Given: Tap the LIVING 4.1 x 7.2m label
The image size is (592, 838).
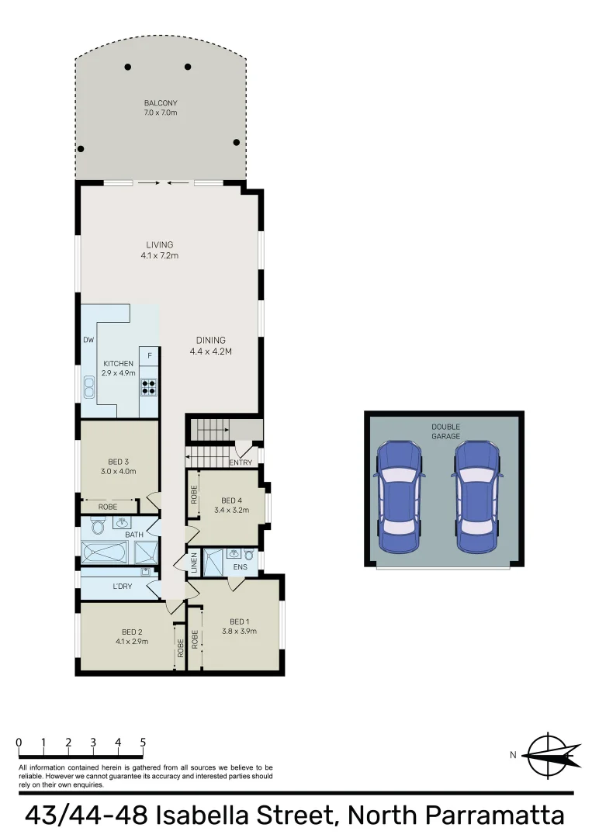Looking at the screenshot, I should [159, 250].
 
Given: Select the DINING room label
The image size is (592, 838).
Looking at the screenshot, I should [211, 345].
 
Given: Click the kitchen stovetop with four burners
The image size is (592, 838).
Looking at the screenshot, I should [148, 386].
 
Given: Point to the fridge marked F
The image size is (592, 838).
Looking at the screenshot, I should [149, 356].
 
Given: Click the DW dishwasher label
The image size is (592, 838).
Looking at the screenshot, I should [88, 340].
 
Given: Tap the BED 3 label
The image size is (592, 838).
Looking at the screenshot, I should [119, 466].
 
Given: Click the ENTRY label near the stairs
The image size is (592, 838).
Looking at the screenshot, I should [241, 463].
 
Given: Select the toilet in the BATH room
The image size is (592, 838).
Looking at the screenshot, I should [97, 528].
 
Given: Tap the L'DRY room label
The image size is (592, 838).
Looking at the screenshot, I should [122, 586].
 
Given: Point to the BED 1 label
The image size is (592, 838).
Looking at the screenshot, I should [239, 625].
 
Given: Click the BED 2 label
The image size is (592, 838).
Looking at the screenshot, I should [131, 636].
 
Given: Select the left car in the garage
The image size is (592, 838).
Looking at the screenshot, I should [398, 497].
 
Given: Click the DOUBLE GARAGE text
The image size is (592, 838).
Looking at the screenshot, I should [445, 431].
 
